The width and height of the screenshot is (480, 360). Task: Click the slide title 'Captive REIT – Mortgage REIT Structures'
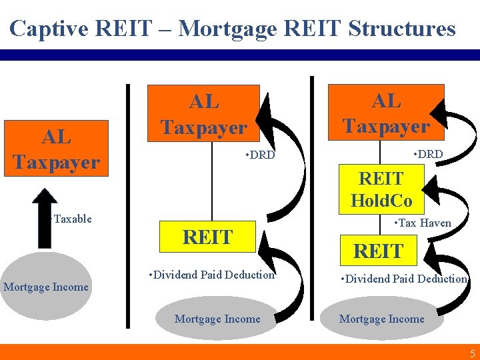(233, 29)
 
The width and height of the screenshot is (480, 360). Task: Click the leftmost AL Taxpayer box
(56, 149)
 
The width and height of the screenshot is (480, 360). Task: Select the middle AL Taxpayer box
(203, 114)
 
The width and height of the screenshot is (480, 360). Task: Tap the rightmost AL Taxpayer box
(386, 113)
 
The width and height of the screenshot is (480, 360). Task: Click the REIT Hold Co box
(381, 189)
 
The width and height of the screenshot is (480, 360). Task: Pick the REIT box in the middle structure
(207, 237)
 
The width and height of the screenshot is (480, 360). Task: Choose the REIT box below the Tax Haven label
(378, 251)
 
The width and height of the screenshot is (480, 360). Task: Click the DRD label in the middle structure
(259, 156)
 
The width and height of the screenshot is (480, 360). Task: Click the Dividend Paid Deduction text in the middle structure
(212, 275)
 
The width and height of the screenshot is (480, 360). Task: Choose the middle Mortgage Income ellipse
(217, 319)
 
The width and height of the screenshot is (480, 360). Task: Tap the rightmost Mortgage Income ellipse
(381, 319)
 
